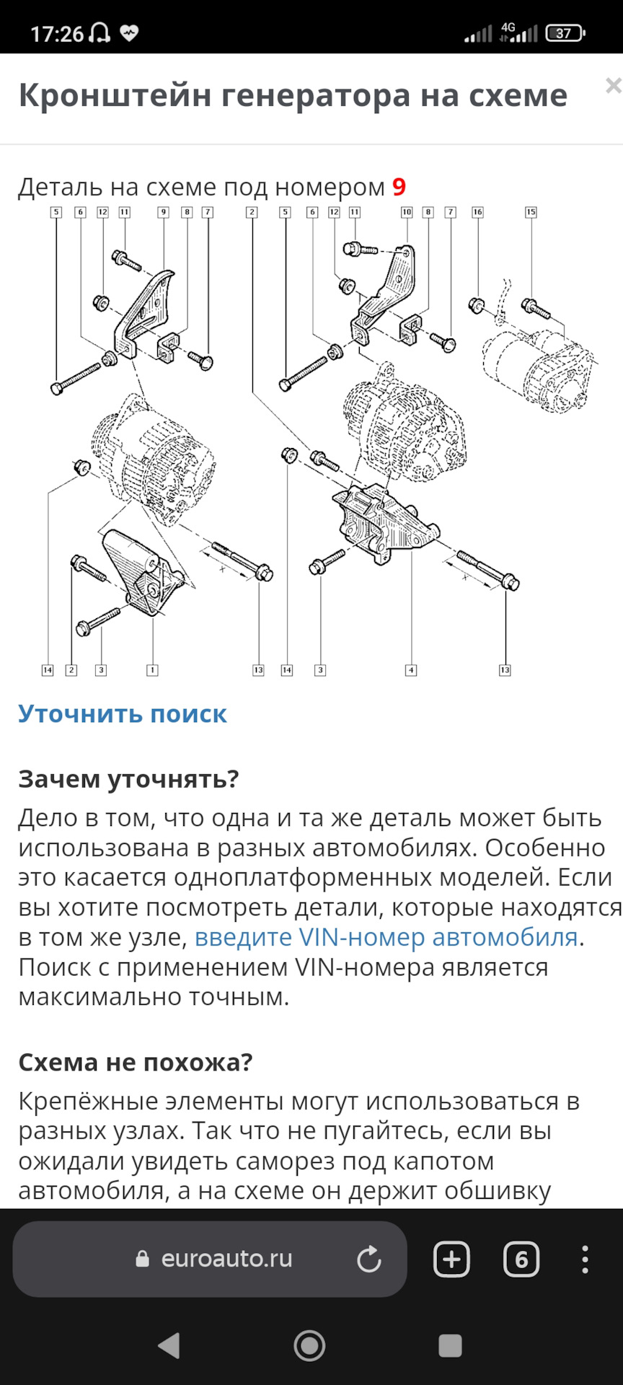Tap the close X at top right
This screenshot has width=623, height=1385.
point(614,86)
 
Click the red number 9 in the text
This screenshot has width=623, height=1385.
point(399,187)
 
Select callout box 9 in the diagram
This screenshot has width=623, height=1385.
point(164,212)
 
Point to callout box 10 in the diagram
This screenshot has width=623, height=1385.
point(407,212)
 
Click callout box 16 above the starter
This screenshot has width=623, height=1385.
point(477,212)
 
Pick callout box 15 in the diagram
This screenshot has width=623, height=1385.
point(531,212)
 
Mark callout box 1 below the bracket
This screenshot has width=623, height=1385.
point(152,670)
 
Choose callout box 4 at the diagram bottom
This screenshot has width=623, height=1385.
point(411,670)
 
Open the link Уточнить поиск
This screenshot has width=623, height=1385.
point(123,713)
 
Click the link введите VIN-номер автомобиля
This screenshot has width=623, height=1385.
point(386,937)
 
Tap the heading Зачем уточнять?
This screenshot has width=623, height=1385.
point(128,779)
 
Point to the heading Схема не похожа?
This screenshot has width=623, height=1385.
point(136,1063)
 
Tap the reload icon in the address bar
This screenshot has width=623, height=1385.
point(368,1259)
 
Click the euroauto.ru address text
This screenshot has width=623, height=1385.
point(226,1259)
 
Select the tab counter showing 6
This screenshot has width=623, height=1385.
point(521,1259)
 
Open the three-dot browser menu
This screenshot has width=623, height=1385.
point(585,1259)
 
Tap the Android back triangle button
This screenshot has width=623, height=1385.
point(169,1345)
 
